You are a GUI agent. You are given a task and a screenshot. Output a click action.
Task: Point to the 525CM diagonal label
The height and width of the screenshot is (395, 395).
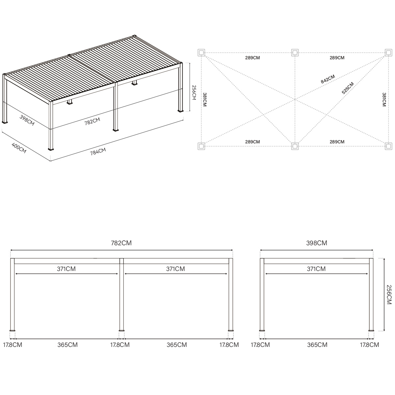coord(348,88)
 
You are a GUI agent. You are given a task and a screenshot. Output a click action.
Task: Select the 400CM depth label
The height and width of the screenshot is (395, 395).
coord(19,148)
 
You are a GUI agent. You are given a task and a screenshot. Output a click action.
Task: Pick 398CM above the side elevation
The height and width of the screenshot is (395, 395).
coord(316,243)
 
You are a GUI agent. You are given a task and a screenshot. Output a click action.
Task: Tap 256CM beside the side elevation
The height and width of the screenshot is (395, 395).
coord(389,294)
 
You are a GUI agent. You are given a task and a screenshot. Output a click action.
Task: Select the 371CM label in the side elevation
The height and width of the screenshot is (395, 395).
coord(316,269)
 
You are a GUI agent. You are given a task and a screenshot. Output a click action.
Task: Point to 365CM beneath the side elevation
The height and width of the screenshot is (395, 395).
coord(317,345)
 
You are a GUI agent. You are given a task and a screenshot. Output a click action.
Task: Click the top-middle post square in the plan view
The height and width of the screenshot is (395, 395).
coord(295,53)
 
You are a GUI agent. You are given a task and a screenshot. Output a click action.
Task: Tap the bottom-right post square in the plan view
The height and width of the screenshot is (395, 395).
coord(388,146)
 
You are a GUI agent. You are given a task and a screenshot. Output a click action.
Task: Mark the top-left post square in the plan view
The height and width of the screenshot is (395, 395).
coord(201,53)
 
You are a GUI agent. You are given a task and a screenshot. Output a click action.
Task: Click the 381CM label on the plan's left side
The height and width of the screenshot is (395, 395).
coord(205,99)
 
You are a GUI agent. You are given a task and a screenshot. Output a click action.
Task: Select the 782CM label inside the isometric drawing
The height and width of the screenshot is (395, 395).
coord(92,121)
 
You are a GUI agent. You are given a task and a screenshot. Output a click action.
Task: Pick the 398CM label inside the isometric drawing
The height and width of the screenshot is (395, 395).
coord(27,120)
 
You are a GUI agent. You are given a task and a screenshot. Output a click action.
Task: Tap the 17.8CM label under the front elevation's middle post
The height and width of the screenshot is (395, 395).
coord(119,345)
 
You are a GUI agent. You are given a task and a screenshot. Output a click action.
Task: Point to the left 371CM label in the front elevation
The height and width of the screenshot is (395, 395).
coord(66,269)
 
